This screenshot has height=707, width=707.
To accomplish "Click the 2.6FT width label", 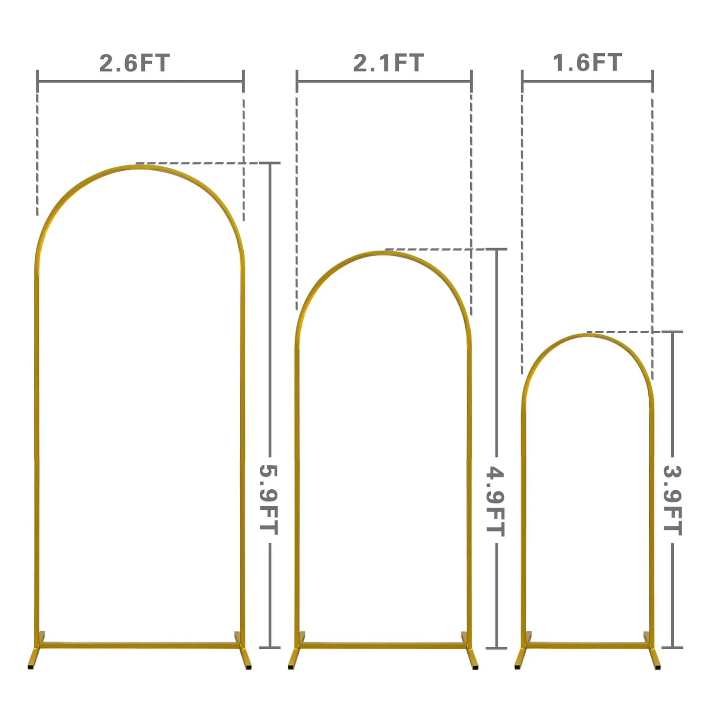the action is point(134,63).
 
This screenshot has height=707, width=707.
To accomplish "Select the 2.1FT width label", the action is point(388,63).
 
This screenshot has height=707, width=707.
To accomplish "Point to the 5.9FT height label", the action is point(269,500).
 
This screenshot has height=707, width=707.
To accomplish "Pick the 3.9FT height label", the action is point(673,500).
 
